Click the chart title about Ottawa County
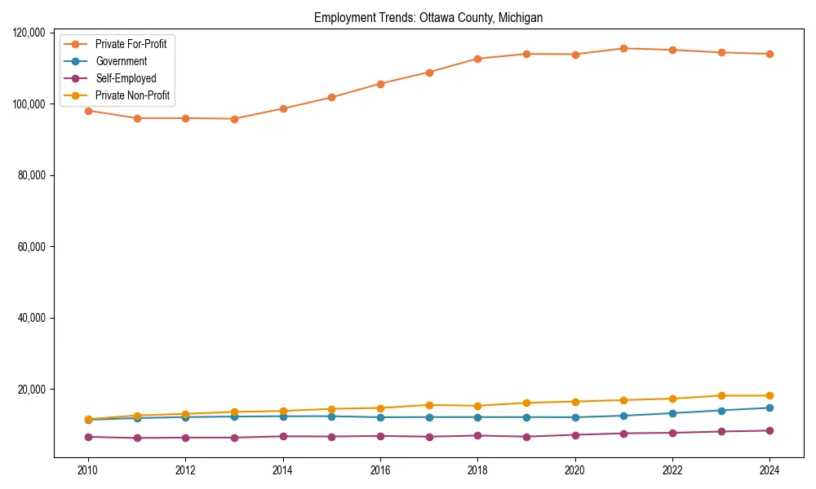coord(428,17)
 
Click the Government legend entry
coord(121,61)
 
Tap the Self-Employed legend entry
coord(125,78)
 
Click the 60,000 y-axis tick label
coord(32,247)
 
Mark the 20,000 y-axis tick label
coord(32,390)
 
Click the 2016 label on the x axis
coord(380,470)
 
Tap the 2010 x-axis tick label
coord(88,470)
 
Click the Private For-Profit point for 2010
coord(88,111)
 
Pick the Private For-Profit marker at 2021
coord(623,48)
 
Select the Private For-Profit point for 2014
coord(283,108)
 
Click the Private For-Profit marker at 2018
coord(477,59)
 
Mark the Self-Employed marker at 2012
coord(185,438)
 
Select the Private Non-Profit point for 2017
coord(429,405)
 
